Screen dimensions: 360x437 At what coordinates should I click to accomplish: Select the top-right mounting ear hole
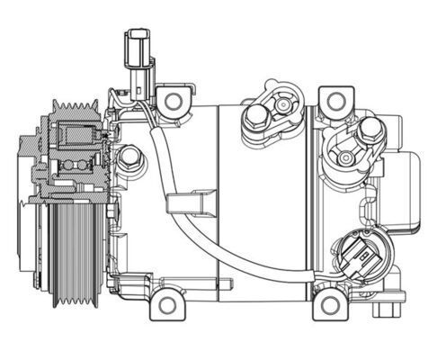[x=334, y=100]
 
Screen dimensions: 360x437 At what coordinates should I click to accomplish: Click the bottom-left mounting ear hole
[x=166, y=304]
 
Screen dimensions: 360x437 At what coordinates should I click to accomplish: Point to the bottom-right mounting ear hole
[x=329, y=304]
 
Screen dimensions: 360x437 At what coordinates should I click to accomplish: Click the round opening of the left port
[x=281, y=102]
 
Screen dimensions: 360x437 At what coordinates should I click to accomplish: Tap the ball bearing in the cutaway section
[x=74, y=165]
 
